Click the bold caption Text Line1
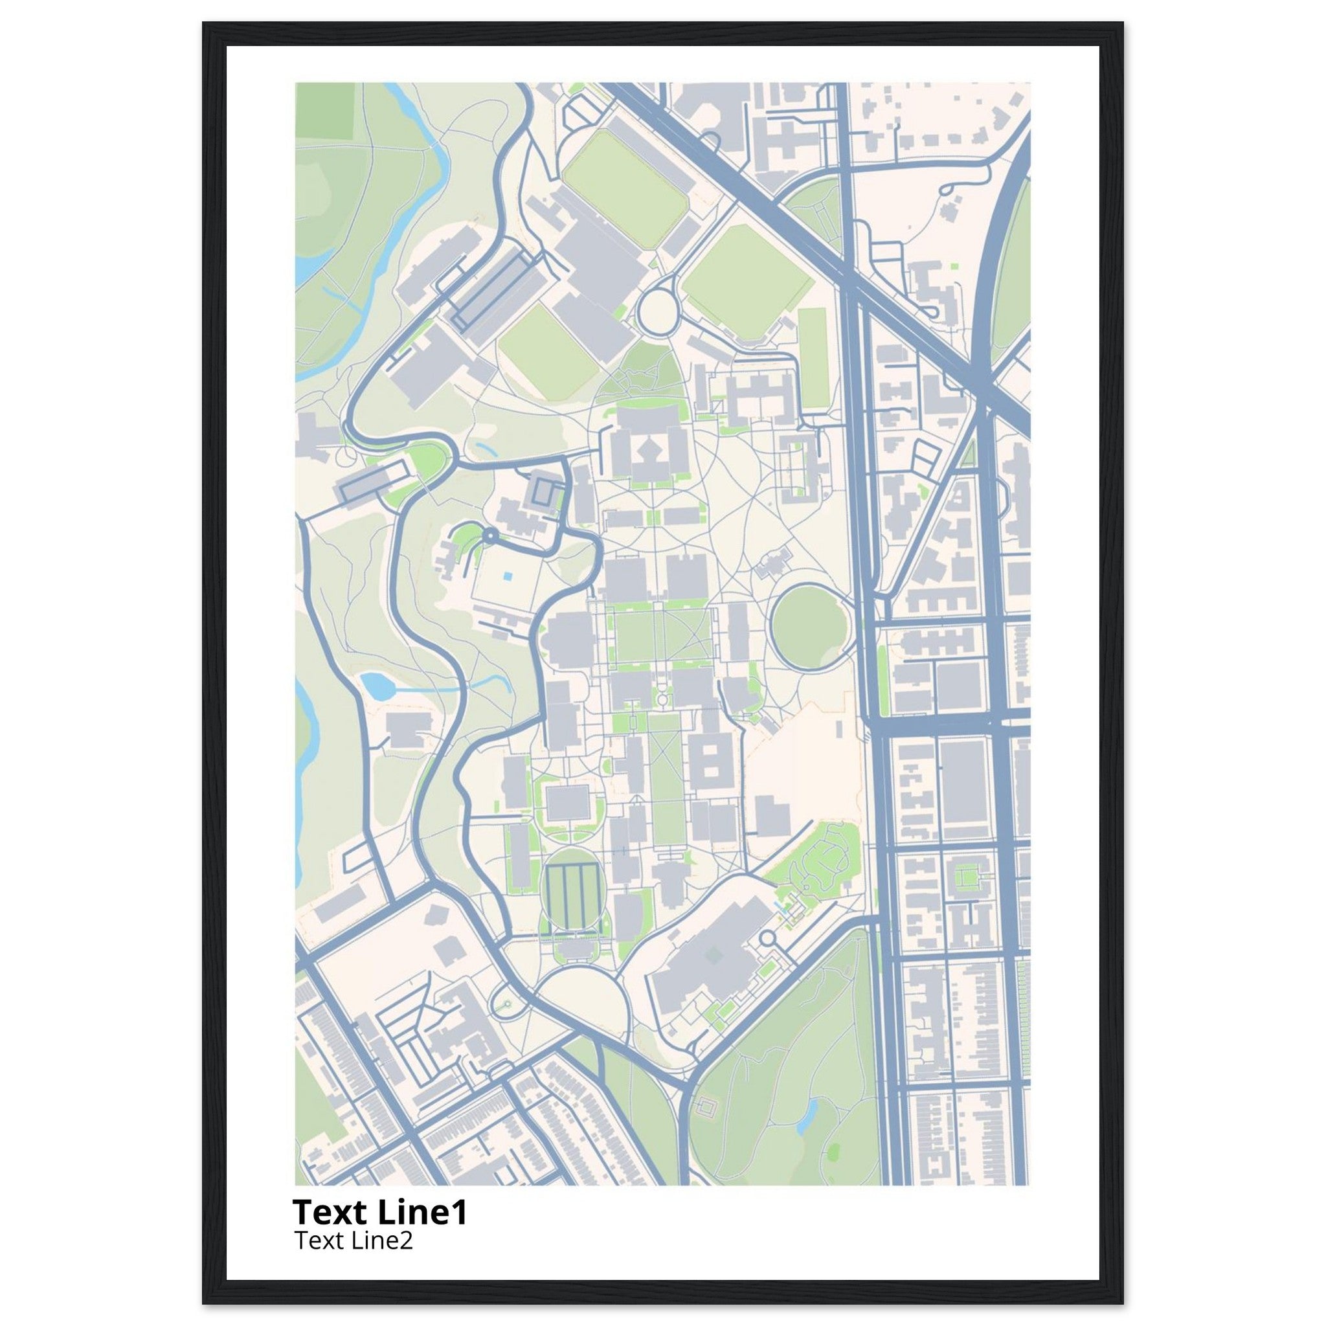[379, 1213]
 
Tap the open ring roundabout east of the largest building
[767, 938]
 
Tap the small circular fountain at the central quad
[662, 699]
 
